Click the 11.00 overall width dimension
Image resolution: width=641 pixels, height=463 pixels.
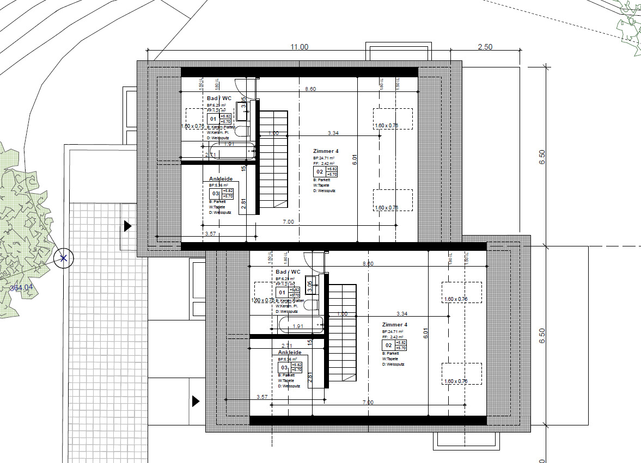coord(299,47)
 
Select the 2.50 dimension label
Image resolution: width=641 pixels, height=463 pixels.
coord(485,47)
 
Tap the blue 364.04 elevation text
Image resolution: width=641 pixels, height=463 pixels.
coord(21,288)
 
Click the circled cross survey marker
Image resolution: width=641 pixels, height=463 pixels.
coord(63,258)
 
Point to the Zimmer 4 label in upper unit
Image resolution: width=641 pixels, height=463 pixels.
coord(326,151)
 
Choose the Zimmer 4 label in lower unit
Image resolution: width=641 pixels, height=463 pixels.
coord(395,324)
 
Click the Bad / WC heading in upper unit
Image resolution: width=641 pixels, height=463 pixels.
coord(219,98)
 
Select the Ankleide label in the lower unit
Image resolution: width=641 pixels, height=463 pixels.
coord(290,353)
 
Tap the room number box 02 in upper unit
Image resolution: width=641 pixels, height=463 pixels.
coord(320,172)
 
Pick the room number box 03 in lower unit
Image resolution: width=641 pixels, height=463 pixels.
coord(283,368)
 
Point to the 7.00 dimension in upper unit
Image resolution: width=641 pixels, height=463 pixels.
coord(288,222)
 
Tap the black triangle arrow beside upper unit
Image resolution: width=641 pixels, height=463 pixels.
coord(128,226)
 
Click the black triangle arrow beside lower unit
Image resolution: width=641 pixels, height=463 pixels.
coord(196,402)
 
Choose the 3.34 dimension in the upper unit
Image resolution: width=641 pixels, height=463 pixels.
coord(333,133)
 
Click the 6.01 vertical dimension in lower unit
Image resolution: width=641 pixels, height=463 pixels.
coord(426,333)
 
